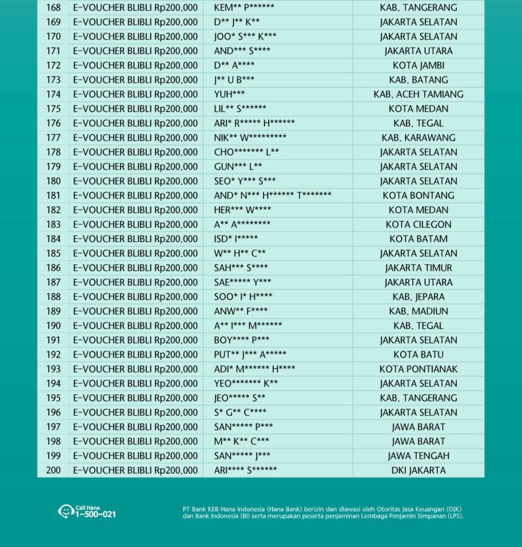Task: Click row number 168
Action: point(53,8)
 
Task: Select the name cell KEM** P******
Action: point(244,8)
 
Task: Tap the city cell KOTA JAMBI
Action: point(418,66)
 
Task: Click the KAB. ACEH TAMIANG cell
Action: point(418,95)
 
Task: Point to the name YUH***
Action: point(229,95)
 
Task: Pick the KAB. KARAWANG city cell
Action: point(418,138)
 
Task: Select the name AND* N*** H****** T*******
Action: point(272,196)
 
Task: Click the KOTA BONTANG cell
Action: point(418,196)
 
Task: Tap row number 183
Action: point(53,224)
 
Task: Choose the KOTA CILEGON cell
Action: point(418,224)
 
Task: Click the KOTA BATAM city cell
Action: point(418,239)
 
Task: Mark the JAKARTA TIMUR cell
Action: point(418,268)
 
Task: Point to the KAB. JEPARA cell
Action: point(418,296)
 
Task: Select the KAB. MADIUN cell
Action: point(418,311)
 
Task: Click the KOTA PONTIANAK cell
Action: point(418,369)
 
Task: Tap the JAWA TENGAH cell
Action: point(418,456)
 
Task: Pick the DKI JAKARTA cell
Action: point(418,470)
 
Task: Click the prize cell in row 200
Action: point(135,470)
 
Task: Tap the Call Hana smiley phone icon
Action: point(65,511)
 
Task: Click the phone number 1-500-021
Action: point(96,514)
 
